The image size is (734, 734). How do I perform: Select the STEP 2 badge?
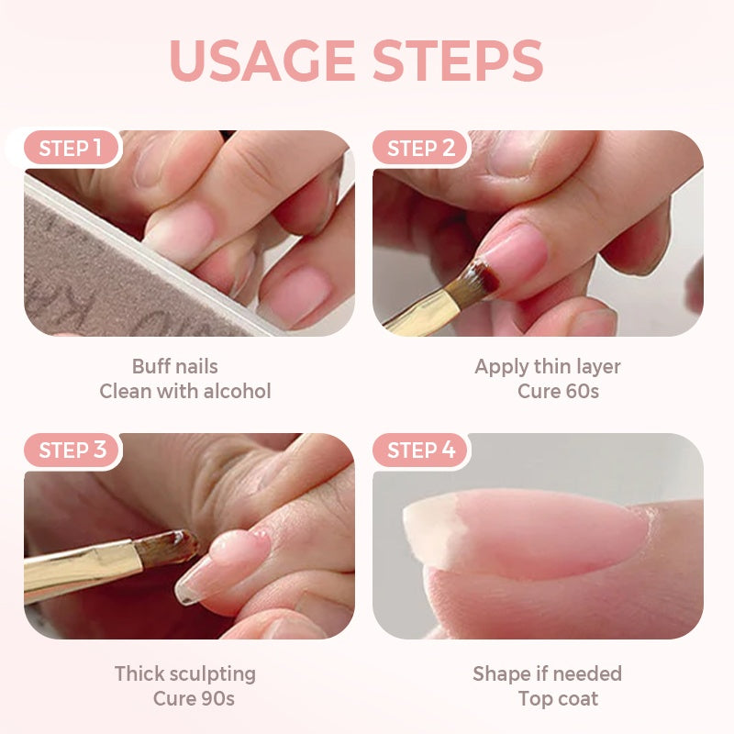[421, 149]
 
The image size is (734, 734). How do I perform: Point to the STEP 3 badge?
[72, 450]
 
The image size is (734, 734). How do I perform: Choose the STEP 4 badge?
[421, 450]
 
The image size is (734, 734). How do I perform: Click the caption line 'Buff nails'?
[175, 366]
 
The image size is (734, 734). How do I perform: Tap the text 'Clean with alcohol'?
[185, 392]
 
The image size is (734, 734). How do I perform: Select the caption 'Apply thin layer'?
[548, 366]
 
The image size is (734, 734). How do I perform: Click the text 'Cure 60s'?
[558, 392]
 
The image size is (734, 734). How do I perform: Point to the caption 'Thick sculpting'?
[185, 673]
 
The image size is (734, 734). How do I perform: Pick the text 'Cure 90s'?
[194, 699]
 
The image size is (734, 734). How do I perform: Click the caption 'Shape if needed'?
[548, 673]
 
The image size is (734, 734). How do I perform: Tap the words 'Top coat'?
[558, 699]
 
